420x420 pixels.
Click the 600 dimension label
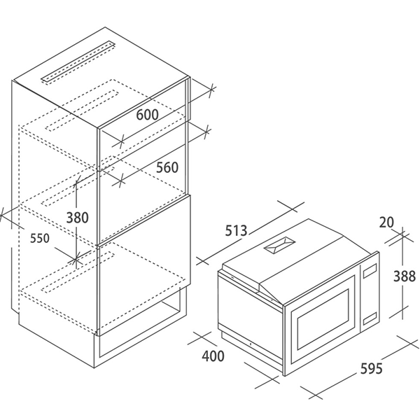tap(147, 114)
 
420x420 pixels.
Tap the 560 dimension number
tap(167, 167)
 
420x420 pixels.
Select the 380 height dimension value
tap(77, 217)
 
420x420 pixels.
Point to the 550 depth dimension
tap(40, 238)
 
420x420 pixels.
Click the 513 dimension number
tap(236, 230)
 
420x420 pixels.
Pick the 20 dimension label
tap(387, 222)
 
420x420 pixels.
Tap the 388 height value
tap(404, 276)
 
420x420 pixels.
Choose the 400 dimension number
tap(213, 356)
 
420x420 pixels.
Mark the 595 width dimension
tap(371, 368)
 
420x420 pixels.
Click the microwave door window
tap(323, 319)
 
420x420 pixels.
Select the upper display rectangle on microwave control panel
tap(370, 271)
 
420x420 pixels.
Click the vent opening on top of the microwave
tap(279, 246)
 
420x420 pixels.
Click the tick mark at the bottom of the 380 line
tap(76, 259)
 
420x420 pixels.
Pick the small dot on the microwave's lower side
tap(250, 344)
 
